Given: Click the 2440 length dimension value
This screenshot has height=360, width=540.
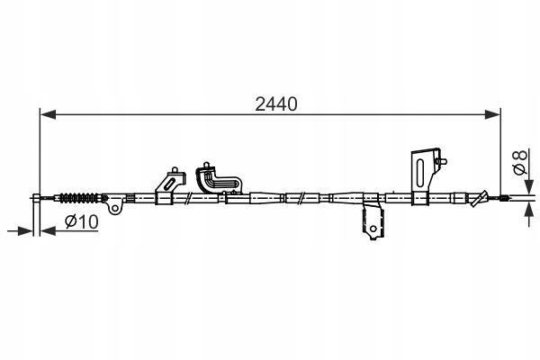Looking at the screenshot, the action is pyautogui.click(x=276, y=104).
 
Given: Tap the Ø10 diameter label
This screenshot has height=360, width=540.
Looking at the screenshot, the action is pyautogui.click(x=82, y=221).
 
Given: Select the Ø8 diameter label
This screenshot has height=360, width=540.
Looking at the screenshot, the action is pyautogui.click(x=520, y=162).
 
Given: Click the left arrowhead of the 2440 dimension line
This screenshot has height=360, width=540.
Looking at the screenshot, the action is pyautogui.click(x=48, y=114).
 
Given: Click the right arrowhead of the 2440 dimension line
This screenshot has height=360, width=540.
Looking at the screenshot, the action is pyautogui.click(x=492, y=114).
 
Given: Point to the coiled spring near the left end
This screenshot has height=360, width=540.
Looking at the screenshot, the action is pyautogui.click(x=79, y=198).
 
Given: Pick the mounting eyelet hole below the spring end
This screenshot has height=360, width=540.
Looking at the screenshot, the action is pyautogui.click(x=115, y=208).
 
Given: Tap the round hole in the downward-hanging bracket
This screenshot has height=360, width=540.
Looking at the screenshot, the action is pyautogui.click(x=373, y=229).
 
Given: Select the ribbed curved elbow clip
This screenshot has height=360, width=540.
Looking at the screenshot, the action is pyautogui.click(x=219, y=179).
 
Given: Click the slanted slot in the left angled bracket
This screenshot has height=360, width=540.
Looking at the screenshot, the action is pyautogui.click(x=170, y=183).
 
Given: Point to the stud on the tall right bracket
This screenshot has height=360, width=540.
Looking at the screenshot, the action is pyautogui.click(x=441, y=161).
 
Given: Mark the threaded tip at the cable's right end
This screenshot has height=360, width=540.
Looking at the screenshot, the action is pyautogui.click(x=503, y=198).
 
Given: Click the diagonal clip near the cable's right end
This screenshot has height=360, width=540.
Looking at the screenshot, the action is pyautogui.click(x=479, y=199).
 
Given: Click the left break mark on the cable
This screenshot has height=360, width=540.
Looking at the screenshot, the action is pyautogui.click(x=188, y=198).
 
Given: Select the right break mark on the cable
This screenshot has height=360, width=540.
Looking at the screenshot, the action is pyautogui.click(x=301, y=198).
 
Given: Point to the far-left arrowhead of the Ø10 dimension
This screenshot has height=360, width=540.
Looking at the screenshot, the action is pyautogui.click(x=25, y=230).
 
